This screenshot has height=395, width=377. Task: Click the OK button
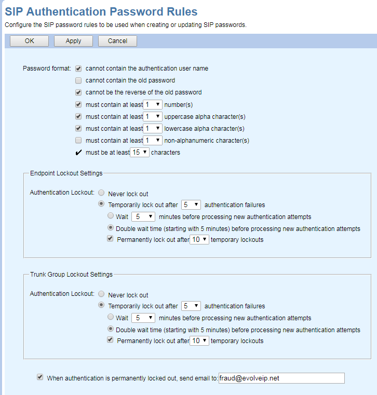(29, 41)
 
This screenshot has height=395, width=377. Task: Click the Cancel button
(117, 41)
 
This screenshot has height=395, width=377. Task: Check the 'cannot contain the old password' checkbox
(78, 80)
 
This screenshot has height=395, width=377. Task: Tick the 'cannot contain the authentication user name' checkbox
(78, 69)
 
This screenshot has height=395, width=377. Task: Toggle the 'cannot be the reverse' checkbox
(78, 92)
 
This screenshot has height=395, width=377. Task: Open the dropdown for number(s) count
(153, 104)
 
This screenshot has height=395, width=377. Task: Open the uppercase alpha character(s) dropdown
(153, 116)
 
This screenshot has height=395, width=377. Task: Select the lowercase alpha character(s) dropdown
(153, 128)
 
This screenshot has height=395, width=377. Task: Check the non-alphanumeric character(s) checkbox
(78, 140)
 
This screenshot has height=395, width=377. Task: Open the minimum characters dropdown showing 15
(140, 153)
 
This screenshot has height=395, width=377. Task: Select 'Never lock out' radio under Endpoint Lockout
(101, 194)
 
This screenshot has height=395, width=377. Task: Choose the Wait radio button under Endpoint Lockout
(110, 216)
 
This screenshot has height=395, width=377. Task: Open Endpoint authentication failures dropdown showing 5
(191, 205)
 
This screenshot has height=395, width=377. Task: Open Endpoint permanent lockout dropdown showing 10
(199, 239)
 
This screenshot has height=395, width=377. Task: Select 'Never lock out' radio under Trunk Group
(101, 295)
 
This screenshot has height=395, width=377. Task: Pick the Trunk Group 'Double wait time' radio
(110, 329)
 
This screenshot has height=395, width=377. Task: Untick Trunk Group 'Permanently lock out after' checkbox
(110, 340)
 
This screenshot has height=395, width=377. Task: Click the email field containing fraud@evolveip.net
(281, 378)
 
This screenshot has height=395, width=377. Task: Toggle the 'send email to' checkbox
(40, 377)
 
